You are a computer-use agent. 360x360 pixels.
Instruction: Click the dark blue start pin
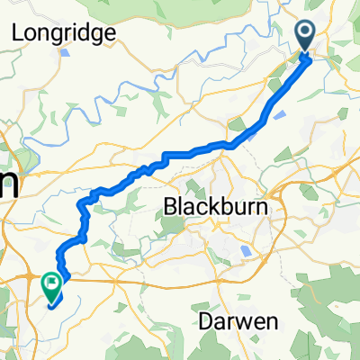pos(304,36)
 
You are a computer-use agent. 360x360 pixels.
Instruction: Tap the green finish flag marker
pos(52,286)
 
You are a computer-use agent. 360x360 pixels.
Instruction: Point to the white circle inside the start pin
pos(304,33)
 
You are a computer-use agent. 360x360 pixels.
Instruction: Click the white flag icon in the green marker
pos(52,285)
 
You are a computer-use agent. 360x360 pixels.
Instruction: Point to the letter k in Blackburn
pos(207,207)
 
